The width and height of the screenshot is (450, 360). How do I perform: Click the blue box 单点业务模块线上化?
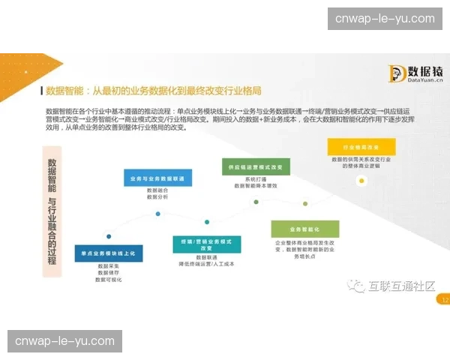point(108,254)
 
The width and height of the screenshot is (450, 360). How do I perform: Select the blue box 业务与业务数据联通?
point(157,178)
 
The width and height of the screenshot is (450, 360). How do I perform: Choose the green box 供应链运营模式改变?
point(255,167)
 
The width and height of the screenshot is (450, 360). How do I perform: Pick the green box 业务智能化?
point(305,229)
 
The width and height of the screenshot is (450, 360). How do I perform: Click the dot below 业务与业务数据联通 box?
point(157,214)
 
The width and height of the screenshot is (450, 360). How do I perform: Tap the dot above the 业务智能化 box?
point(304,203)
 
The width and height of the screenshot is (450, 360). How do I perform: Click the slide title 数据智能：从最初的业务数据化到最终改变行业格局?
point(154,91)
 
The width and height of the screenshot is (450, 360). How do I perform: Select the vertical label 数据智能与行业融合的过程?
point(52,211)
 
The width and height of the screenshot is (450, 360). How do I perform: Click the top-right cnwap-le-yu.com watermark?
point(385,19)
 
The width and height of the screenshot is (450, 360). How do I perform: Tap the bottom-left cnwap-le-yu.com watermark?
point(65,341)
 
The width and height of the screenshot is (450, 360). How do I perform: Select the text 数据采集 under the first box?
point(109,266)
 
